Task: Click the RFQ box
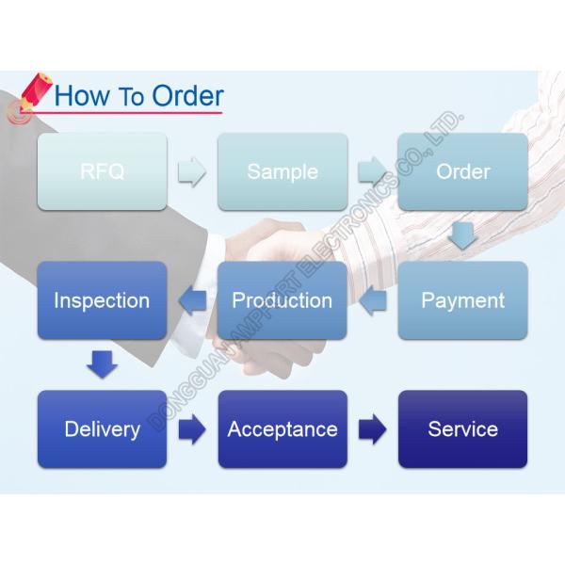102,171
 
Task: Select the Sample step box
282,171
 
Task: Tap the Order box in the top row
462,171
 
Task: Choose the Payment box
462,300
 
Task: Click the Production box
282,300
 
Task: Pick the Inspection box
102,300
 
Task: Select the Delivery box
102,429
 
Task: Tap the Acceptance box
282,429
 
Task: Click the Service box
462,429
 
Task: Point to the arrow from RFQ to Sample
192,172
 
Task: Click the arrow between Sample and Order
372,172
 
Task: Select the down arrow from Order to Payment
461,234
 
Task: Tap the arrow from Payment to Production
373,301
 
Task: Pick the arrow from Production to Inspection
192,301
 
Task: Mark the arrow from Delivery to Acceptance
192,430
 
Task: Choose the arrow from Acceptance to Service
372,430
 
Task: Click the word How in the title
82,95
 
